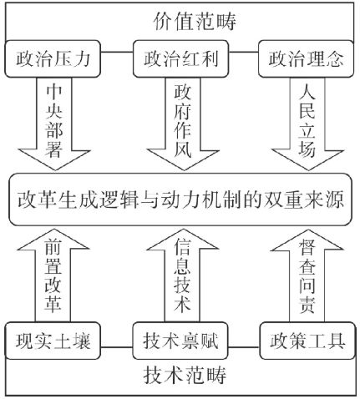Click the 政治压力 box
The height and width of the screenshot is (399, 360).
click(53, 58)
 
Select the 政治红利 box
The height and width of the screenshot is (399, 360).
click(180, 58)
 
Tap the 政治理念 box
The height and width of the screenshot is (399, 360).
click(306, 58)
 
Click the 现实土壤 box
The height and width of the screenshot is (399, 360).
click(53, 341)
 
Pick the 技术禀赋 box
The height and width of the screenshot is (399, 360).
click(180, 341)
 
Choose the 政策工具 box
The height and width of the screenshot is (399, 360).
click(307, 341)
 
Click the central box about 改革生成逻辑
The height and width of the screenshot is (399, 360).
click(180, 199)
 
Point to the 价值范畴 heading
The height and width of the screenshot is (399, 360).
click(195, 22)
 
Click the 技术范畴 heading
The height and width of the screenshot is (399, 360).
click(185, 375)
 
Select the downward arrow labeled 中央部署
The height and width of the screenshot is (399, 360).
click(54, 124)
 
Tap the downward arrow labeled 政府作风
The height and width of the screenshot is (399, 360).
click(183, 124)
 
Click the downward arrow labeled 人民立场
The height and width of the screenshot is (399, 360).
click(307, 124)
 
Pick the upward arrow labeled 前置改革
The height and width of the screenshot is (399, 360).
click(53, 275)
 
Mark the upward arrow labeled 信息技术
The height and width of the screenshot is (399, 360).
click(182, 275)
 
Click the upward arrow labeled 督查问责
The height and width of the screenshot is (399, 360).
click(307, 275)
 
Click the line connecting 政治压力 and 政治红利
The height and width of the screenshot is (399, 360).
click(117, 52)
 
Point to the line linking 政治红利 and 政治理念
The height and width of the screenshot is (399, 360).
click(243, 52)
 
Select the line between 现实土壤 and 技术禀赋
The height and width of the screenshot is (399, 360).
click(116, 347)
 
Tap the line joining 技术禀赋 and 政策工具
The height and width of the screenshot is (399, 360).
click(244, 347)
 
